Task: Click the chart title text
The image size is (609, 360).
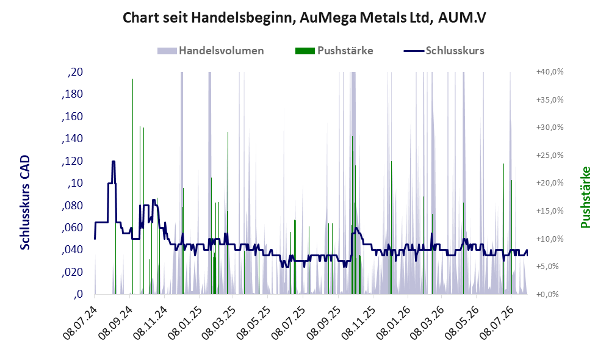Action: (304, 18)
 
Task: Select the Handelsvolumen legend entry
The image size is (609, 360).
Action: (211, 51)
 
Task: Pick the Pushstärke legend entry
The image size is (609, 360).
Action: (334, 51)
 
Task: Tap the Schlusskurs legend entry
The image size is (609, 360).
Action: (444, 51)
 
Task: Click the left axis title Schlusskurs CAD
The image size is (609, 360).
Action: (25, 203)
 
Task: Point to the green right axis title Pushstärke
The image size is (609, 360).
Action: (585, 197)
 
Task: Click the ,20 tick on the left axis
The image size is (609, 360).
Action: (75, 72)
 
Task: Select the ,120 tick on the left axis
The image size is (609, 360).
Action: (73, 161)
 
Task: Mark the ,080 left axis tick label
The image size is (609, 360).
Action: (73, 206)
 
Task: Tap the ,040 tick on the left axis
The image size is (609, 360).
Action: (73, 250)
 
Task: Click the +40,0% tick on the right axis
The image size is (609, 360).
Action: (550, 72)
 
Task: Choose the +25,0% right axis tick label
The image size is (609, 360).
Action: (550, 156)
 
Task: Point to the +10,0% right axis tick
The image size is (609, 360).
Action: (550, 239)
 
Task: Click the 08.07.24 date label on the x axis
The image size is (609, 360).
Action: (81, 323)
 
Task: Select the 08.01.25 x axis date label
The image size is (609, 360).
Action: (186, 323)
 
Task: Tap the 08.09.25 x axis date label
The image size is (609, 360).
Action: (325, 323)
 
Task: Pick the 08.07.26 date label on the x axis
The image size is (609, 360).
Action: (497, 323)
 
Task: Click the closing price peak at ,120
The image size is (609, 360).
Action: (114, 162)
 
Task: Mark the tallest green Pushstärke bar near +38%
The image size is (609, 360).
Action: (132, 187)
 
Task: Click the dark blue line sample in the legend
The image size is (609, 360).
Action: (414, 51)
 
